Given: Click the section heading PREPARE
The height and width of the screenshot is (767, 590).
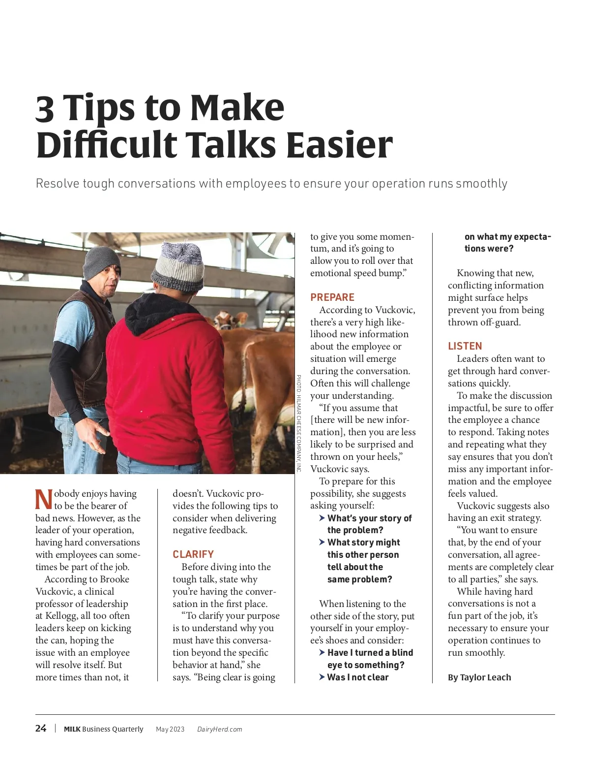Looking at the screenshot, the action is [x=332, y=297].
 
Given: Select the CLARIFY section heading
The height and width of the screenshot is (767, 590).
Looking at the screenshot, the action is [x=193, y=554].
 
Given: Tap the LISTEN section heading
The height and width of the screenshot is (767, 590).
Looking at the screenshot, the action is [x=465, y=346].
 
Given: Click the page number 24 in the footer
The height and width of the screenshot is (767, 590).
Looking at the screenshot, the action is [x=41, y=728].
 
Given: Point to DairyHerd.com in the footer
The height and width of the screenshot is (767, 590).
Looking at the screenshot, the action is [x=220, y=729].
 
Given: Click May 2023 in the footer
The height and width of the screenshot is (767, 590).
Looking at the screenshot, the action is [x=170, y=729].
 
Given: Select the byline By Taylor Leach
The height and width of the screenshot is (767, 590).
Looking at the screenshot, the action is [x=479, y=677].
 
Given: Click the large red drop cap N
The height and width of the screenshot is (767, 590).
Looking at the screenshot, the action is [x=44, y=500].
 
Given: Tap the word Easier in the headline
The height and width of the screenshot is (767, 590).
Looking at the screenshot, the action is [x=339, y=144].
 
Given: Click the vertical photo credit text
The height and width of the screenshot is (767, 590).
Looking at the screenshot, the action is [x=298, y=423].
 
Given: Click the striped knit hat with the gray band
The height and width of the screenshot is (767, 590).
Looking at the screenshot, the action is [x=178, y=267].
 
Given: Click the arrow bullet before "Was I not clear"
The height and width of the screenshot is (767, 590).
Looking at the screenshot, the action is [x=322, y=677].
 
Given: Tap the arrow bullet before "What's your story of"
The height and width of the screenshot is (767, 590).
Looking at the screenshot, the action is [x=322, y=518].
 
